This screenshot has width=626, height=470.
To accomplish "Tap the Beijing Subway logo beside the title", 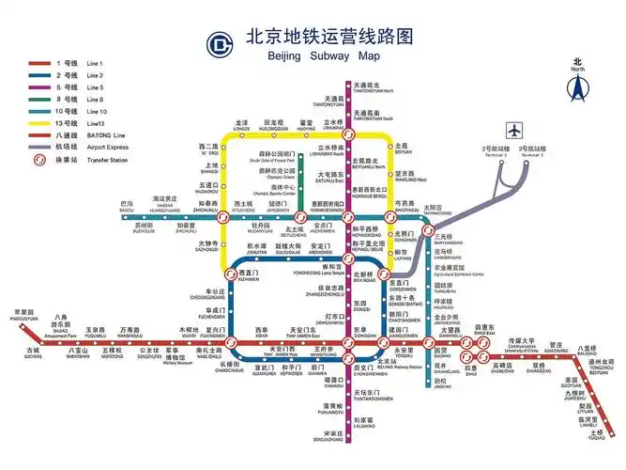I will (220, 43).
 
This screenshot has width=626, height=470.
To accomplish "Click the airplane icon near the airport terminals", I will (514, 130).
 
